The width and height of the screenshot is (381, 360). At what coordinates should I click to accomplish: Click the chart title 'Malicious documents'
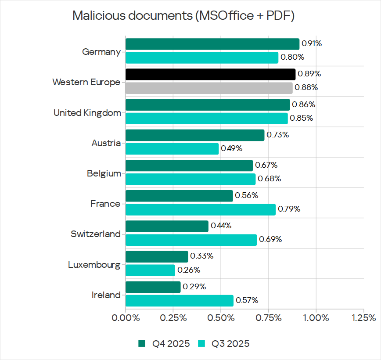pyautogui.click(x=183, y=15)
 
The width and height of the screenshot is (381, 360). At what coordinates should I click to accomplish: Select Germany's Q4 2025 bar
pyautogui.click(x=212, y=44)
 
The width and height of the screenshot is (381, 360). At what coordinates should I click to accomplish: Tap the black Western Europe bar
pyautogui.click(x=210, y=74)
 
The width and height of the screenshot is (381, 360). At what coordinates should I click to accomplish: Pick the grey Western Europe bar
pyautogui.click(x=209, y=88)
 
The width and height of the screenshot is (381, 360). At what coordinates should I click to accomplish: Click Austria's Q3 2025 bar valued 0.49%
pyautogui.click(x=172, y=149)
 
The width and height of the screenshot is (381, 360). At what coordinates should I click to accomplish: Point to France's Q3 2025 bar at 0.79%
pyautogui.click(x=201, y=209)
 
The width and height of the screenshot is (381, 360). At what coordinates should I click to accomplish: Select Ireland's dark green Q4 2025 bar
pyautogui.click(x=153, y=287)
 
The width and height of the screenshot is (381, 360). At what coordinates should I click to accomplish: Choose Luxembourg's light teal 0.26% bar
pyautogui.click(x=150, y=270)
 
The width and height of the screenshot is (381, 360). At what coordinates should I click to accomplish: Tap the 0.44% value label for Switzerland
pyautogui.click(x=221, y=226)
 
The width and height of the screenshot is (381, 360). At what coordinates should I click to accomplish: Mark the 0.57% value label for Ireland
pyautogui.click(x=247, y=300)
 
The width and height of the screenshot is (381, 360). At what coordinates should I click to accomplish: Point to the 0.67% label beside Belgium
pyautogui.click(x=267, y=165)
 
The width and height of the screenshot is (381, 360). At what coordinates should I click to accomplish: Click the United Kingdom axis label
pyautogui.click(x=87, y=113)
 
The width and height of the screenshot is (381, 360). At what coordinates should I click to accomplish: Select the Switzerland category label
pyautogui.click(x=95, y=234)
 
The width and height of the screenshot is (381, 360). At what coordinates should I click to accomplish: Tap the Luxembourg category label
pyautogui.click(x=94, y=265)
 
